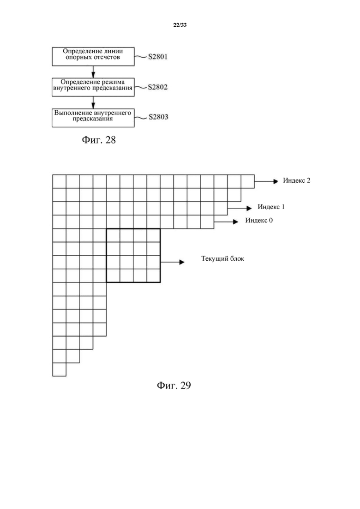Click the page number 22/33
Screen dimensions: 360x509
click(180, 25)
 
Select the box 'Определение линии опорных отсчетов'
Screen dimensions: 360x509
click(93, 56)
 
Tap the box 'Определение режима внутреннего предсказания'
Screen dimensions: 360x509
click(93, 87)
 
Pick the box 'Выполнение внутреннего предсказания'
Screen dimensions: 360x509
click(93, 118)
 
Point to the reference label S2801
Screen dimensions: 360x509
click(158, 57)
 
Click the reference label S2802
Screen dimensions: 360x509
click(158, 87)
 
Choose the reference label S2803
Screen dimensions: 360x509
click(158, 117)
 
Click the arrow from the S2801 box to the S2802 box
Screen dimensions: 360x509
click(93, 72)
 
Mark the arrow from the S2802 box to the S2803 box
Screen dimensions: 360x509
click(93, 102)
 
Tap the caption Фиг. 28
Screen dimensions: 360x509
click(99, 140)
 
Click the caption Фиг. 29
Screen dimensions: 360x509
click(174, 385)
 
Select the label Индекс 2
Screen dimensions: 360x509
click(296, 180)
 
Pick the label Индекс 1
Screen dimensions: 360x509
click(271, 207)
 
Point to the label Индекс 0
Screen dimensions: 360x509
click(259, 221)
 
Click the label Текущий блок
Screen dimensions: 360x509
click(222, 259)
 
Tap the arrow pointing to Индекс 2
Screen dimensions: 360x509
click(266, 181)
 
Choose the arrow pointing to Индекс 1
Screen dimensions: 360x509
click(240, 208)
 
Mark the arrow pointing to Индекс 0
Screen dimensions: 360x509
click(226, 222)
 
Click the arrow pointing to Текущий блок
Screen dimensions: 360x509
click(172, 262)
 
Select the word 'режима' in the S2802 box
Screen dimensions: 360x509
click(114, 82)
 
